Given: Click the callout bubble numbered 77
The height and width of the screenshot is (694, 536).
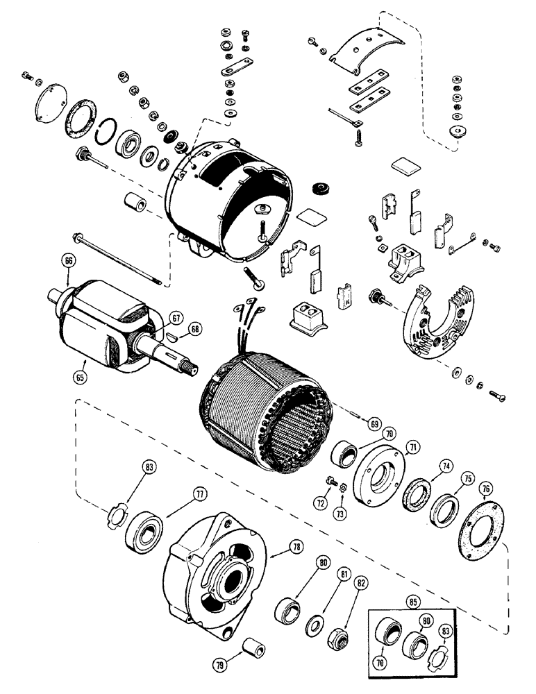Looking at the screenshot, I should pyautogui.click(x=200, y=495).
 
